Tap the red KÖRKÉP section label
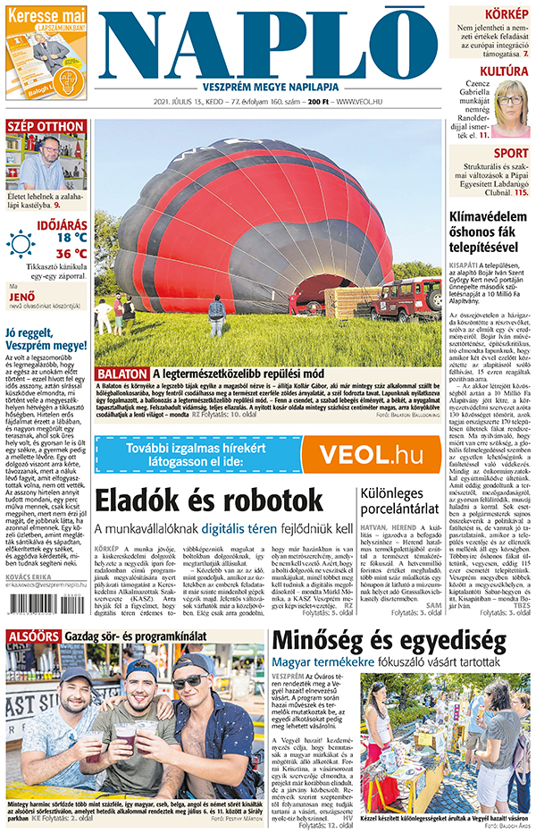tap(506, 14)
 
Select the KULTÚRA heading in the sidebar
tap(504, 71)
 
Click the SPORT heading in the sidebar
tap(511, 153)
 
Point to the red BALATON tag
tap(121, 373)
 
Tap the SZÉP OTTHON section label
tap(46, 126)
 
